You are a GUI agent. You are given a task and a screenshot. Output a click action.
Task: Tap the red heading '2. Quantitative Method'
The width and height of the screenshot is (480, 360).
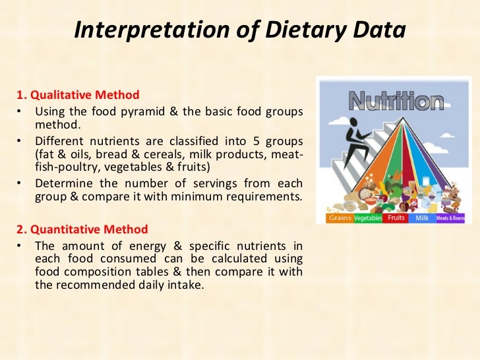click(82, 229)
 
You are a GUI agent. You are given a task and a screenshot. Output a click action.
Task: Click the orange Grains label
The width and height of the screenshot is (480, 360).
click(340, 218)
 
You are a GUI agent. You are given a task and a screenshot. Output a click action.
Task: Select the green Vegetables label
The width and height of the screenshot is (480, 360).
click(368, 218)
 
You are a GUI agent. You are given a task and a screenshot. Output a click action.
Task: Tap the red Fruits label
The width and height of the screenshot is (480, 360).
click(396, 217)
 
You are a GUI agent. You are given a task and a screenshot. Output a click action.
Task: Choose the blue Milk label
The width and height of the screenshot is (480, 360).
click(421, 218)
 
